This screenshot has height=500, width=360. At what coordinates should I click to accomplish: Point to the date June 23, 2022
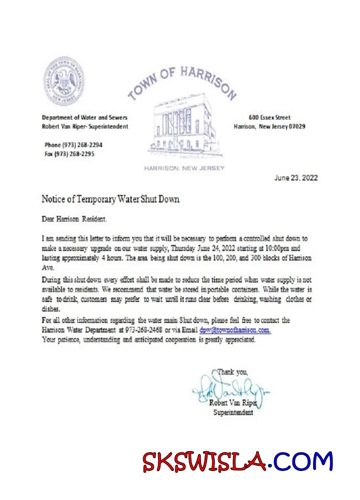tap(296, 178)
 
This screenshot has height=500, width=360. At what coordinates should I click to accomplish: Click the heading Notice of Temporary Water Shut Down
tap(110, 199)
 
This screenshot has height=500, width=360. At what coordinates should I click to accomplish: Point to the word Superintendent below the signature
tap(233, 412)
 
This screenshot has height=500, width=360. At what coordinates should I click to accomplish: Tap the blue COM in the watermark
tap(304, 461)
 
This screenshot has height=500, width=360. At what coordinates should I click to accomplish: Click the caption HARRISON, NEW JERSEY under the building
tap(184, 168)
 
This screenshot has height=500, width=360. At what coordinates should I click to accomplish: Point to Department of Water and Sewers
tap(84, 117)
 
